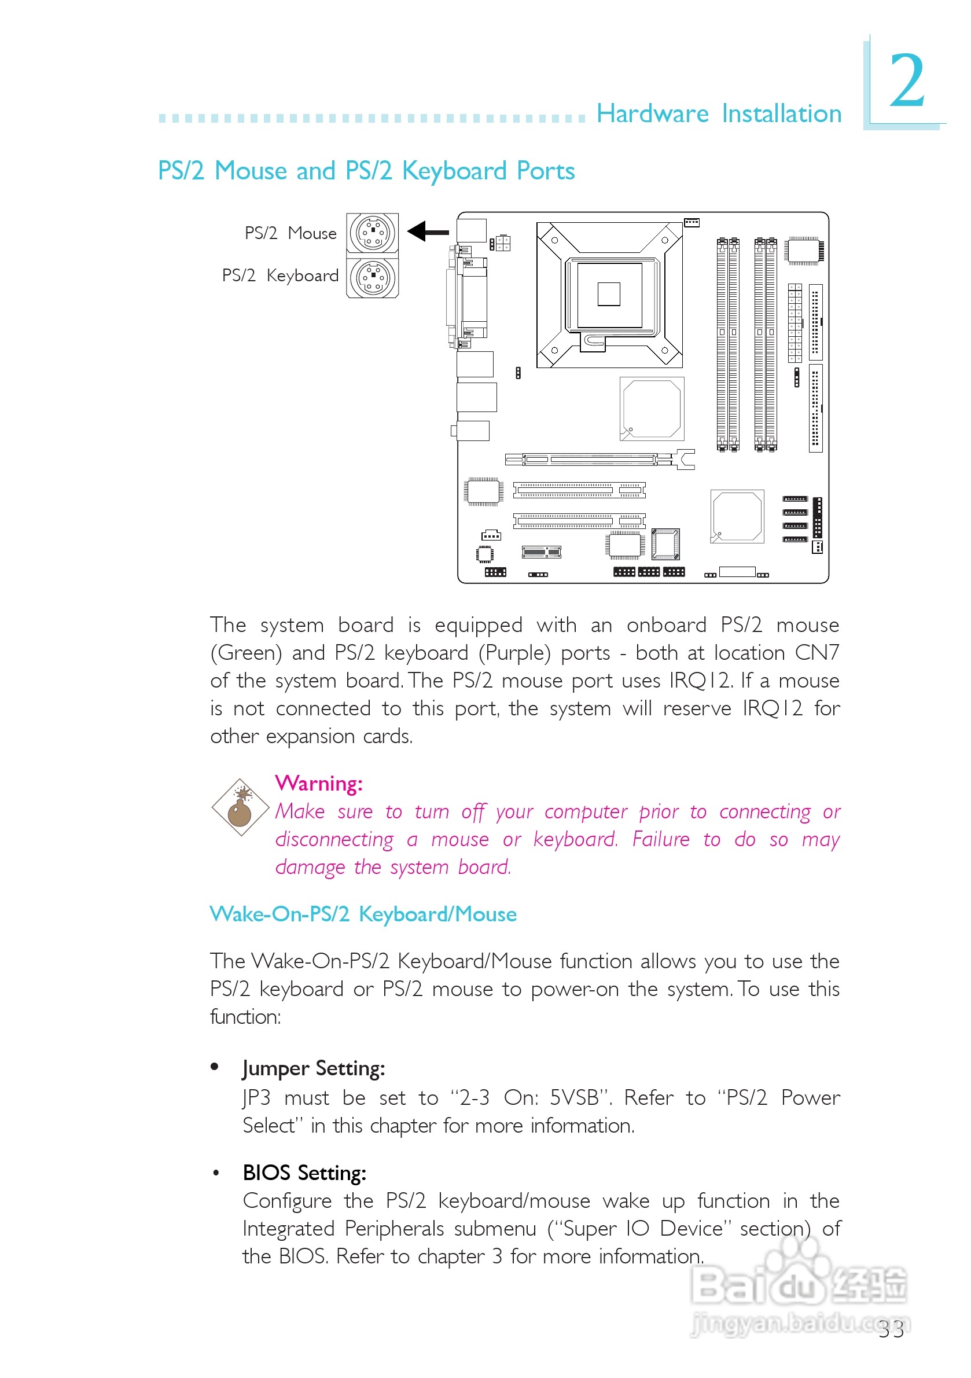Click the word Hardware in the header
point(652,113)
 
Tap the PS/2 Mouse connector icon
point(372,232)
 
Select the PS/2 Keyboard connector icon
point(372,277)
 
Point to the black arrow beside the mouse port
point(427,231)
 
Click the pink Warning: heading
point(319,783)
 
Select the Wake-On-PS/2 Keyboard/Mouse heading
point(363,914)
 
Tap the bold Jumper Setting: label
point(314,1068)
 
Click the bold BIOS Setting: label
point(304,1173)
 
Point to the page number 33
point(891,1329)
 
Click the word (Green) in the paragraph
point(246,652)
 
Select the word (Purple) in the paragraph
point(514,652)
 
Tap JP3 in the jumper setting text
point(256,1098)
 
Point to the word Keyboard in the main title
point(454,171)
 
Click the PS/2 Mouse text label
point(290,233)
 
